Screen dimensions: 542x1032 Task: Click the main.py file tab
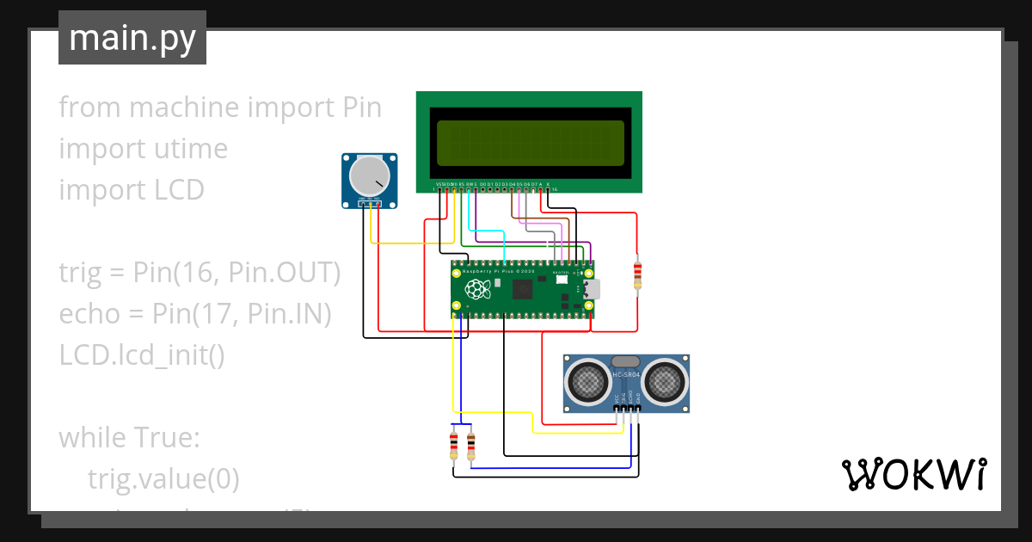(132, 38)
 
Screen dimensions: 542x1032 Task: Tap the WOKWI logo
(912, 474)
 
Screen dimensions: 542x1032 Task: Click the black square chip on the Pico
(522, 291)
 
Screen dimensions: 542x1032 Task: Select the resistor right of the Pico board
(637, 275)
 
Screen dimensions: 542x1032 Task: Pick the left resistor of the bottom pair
(454, 445)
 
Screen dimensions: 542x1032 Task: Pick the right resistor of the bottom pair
(470, 445)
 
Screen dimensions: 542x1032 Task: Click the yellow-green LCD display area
(530, 143)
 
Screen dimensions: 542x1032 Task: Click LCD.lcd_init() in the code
(142, 354)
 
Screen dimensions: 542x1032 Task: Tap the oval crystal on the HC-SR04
(626, 363)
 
